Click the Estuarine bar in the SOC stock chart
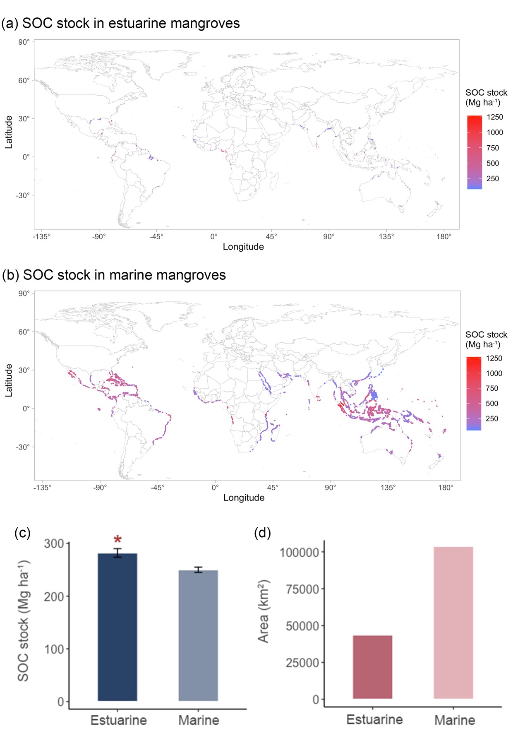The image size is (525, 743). click(117, 627)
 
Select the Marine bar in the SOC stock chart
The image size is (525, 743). click(198, 635)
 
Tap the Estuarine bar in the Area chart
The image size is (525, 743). click(372, 667)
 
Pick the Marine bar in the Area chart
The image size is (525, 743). click(453, 623)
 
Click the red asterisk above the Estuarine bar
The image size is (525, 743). click(117, 540)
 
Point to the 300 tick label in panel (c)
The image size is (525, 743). click(54, 543)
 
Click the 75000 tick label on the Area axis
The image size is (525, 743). click(300, 589)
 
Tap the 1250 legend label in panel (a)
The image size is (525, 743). click(494, 117)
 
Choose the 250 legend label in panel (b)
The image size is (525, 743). click(491, 418)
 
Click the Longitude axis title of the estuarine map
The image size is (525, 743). click(243, 247)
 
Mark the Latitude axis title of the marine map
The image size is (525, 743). click(8, 380)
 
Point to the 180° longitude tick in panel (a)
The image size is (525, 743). click(443, 237)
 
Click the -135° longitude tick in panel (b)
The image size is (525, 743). click(42, 487)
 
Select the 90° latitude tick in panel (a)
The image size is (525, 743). click(24, 42)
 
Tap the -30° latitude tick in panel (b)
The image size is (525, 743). click(23, 447)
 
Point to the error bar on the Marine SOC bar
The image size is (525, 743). click(198, 570)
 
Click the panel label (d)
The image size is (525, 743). click(262, 533)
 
